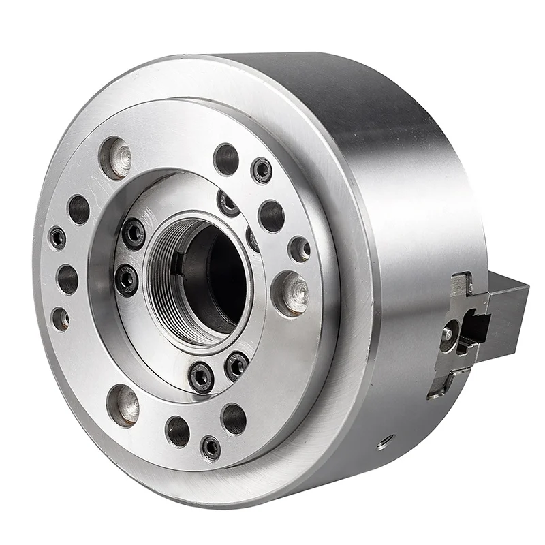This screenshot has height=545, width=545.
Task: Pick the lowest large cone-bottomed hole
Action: point(123,403)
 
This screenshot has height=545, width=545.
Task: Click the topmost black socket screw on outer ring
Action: point(262,170)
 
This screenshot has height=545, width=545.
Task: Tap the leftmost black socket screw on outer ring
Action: point(58,237)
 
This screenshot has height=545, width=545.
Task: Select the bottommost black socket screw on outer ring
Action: point(211,447)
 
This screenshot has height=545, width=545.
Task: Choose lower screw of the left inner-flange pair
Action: point(126,279)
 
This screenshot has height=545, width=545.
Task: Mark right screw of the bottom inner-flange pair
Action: point(236,366)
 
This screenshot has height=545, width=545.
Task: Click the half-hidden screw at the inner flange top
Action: point(228,202)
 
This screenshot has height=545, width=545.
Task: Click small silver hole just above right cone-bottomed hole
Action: point(299,249)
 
